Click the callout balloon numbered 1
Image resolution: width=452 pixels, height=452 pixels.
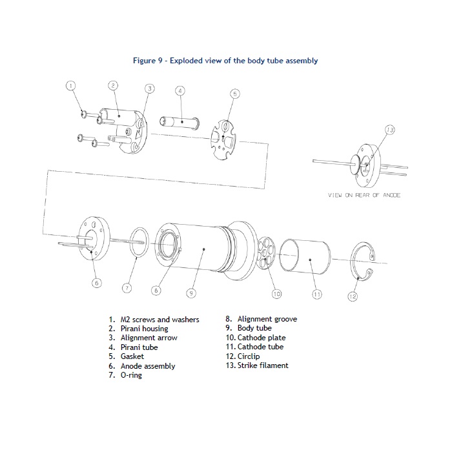(72, 85)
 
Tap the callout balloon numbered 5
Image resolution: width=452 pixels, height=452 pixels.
(234, 94)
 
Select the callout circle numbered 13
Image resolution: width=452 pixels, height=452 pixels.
(389, 130)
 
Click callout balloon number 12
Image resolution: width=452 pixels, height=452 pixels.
(352, 296)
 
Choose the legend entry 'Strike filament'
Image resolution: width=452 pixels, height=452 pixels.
(261, 365)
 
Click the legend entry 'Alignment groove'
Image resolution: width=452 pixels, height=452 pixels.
(267, 319)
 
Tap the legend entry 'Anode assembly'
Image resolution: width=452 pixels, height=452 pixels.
(147, 366)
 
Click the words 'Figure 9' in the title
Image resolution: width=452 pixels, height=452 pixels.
(149, 61)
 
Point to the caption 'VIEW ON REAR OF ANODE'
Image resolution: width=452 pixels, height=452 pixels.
(364, 195)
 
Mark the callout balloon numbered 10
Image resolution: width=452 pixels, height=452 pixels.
(277, 294)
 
